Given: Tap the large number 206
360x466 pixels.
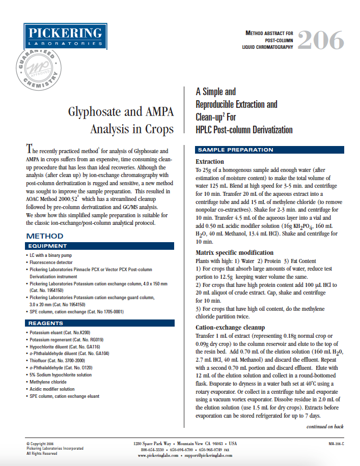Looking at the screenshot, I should click(320, 40).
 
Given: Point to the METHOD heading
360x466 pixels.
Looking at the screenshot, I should click(45, 236).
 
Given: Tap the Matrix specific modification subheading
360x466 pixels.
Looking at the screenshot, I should click(235, 252).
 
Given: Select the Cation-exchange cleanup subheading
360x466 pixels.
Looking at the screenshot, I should click(231, 327).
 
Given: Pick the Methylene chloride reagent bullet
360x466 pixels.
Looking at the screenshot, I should click(48, 382).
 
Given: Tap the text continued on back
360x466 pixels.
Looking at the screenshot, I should click(324, 426).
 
